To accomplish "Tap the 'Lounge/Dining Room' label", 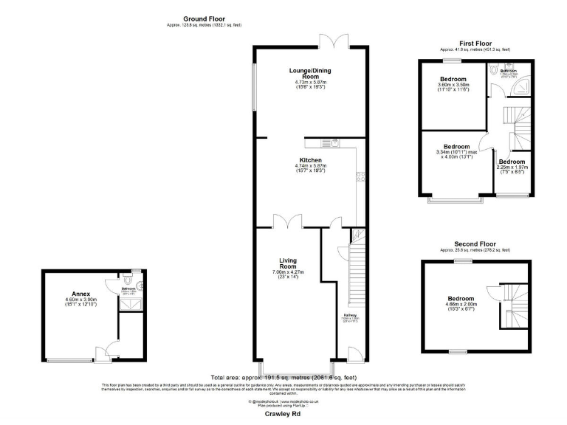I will click(309, 75).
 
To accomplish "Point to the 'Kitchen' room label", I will click(309, 160).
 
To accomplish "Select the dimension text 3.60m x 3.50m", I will click(453, 85).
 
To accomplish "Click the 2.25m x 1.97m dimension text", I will click(511, 167).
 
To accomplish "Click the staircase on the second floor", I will click(514, 305).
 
